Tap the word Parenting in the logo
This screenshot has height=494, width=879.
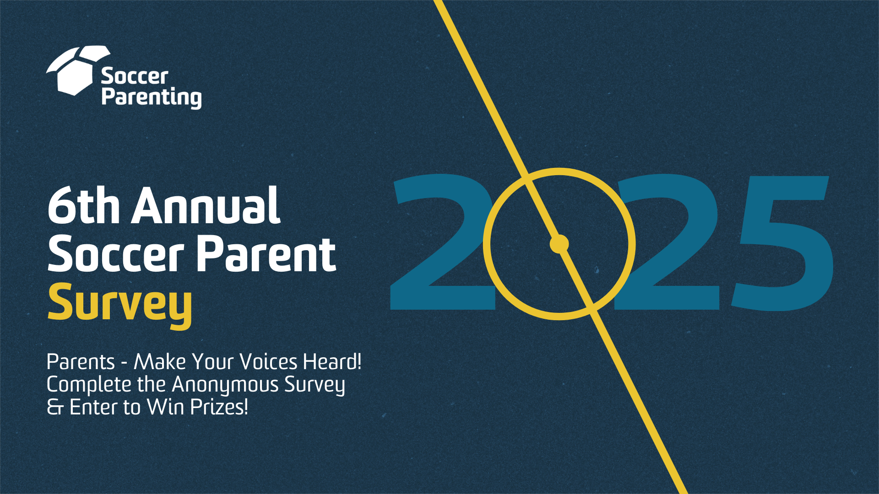(x=152, y=97)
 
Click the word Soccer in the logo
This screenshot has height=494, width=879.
(x=135, y=76)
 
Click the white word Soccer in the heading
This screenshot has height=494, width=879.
(x=116, y=254)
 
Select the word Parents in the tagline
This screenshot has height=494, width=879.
(x=81, y=362)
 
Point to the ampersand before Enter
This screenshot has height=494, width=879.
(x=55, y=407)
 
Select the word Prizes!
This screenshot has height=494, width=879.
(x=219, y=407)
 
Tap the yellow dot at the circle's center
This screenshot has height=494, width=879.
(x=559, y=244)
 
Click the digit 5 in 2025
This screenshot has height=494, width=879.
(x=782, y=243)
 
